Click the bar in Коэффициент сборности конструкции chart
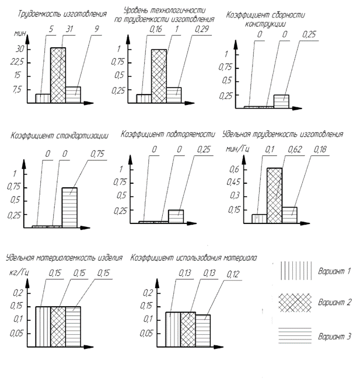[x=281, y=101]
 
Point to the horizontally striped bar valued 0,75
[x=69, y=207]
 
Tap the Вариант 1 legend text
[x=334, y=271]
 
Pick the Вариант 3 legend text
[x=334, y=337]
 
